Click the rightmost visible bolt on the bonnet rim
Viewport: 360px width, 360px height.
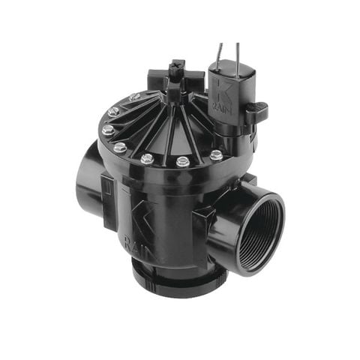click(x=216, y=155)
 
